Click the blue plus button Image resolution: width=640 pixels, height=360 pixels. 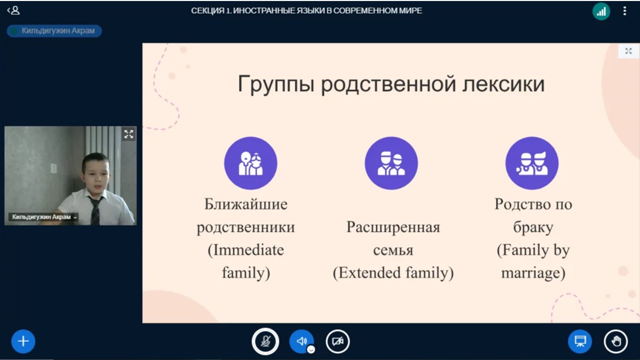tap(23, 341)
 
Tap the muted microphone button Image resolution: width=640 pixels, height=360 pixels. tap(265, 341)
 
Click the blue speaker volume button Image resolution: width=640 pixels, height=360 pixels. tap(301, 341)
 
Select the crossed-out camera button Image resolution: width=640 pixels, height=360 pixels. tap(337, 341)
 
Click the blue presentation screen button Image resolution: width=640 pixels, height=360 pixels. tap(580, 341)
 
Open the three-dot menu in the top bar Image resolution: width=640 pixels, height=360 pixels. tap(625, 11)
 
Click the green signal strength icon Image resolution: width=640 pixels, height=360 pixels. tap(601, 11)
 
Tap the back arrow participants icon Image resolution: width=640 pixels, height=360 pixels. tap(13, 10)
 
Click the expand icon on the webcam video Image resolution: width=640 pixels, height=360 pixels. tap(129, 134)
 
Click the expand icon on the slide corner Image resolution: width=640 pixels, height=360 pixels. tap(628, 51)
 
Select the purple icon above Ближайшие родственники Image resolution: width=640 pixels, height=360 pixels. tap(250, 163)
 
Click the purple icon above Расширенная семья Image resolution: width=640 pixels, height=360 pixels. tap(391, 163)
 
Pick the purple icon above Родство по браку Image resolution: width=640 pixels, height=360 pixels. tap(532, 163)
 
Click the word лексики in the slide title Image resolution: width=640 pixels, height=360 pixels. tap(503, 84)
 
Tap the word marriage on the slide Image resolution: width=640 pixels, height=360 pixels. tap(531, 273)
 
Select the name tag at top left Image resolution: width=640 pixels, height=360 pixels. tap(54, 31)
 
